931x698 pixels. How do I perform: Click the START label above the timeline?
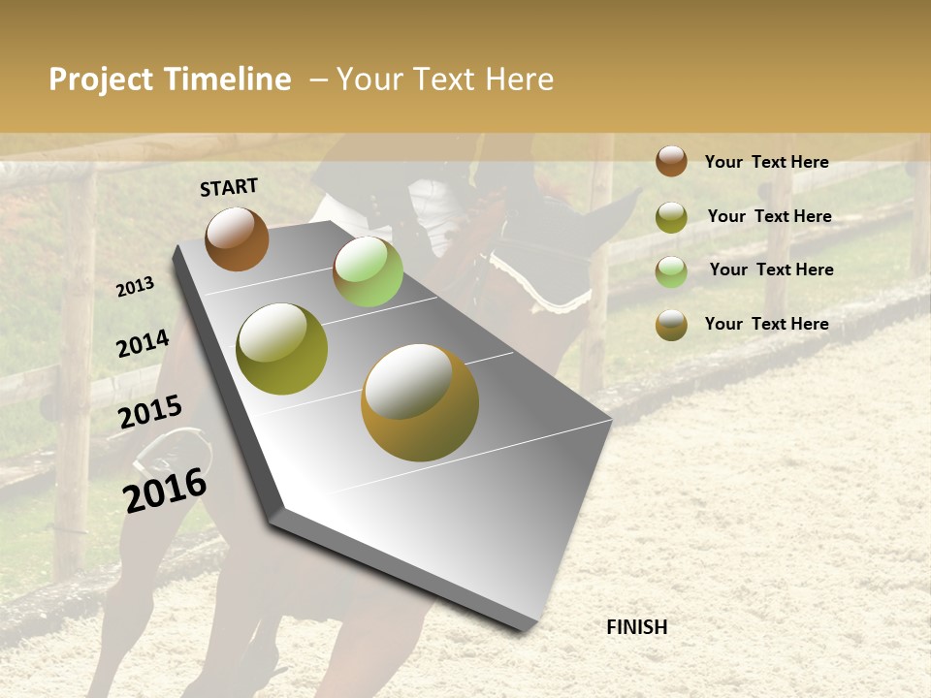coord(229,187)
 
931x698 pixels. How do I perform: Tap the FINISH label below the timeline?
coord(636,627)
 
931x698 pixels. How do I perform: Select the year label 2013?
coord(136,287)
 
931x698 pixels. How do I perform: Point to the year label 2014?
coord(143,343)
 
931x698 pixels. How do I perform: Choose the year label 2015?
coord(150,412)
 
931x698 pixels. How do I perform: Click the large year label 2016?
coord(166,490)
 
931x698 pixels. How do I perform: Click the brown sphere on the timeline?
coord(237,238)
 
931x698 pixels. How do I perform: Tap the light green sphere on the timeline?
coord(368,271)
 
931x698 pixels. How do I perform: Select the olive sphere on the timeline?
coord(282,349)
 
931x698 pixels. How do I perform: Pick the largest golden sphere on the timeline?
coord(420,402)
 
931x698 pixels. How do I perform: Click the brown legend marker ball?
coord(671,161)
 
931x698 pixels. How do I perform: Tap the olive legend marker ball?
coord(671,217)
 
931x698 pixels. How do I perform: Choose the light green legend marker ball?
coord(671,271)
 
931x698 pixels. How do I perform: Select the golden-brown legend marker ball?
coord(671,325)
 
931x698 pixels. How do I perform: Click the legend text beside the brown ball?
coord(766,162)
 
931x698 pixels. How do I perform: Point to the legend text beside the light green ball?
coord(771,270)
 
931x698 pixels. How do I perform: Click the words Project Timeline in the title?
coord(170,79)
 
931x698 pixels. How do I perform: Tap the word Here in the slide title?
coord(519,79)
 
